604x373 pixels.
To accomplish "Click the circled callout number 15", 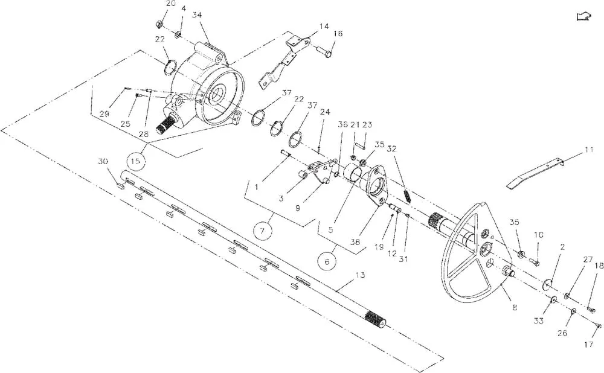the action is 135,161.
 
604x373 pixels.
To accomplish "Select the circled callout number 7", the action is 262,231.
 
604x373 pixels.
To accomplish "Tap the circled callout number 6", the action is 327,262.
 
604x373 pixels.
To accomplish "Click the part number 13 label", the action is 360,275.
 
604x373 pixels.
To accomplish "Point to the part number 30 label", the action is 103,162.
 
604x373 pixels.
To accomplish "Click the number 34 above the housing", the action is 198,15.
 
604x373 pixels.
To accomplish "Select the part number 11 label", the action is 588,150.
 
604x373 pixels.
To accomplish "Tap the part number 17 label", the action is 588,345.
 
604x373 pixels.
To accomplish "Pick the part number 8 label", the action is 514,307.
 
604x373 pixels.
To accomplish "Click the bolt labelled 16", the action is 323,51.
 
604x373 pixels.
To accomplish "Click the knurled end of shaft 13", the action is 376,319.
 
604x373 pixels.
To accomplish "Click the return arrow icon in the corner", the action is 583,16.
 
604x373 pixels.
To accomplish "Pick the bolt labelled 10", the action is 535,263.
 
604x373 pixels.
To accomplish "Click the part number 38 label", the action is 355,242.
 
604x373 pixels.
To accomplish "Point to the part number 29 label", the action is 104,114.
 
